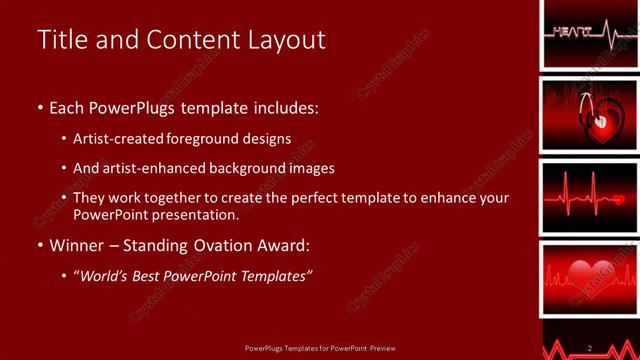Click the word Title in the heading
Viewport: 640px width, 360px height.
pyautogui.click(x=61, y=40)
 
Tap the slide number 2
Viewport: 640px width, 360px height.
pyautogui.click(x=590, y=348)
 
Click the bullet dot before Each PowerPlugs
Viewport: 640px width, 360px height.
pyautogui.click(x=40, y=107)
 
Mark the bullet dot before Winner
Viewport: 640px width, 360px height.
pyautogui.click(x=40, y=244)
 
